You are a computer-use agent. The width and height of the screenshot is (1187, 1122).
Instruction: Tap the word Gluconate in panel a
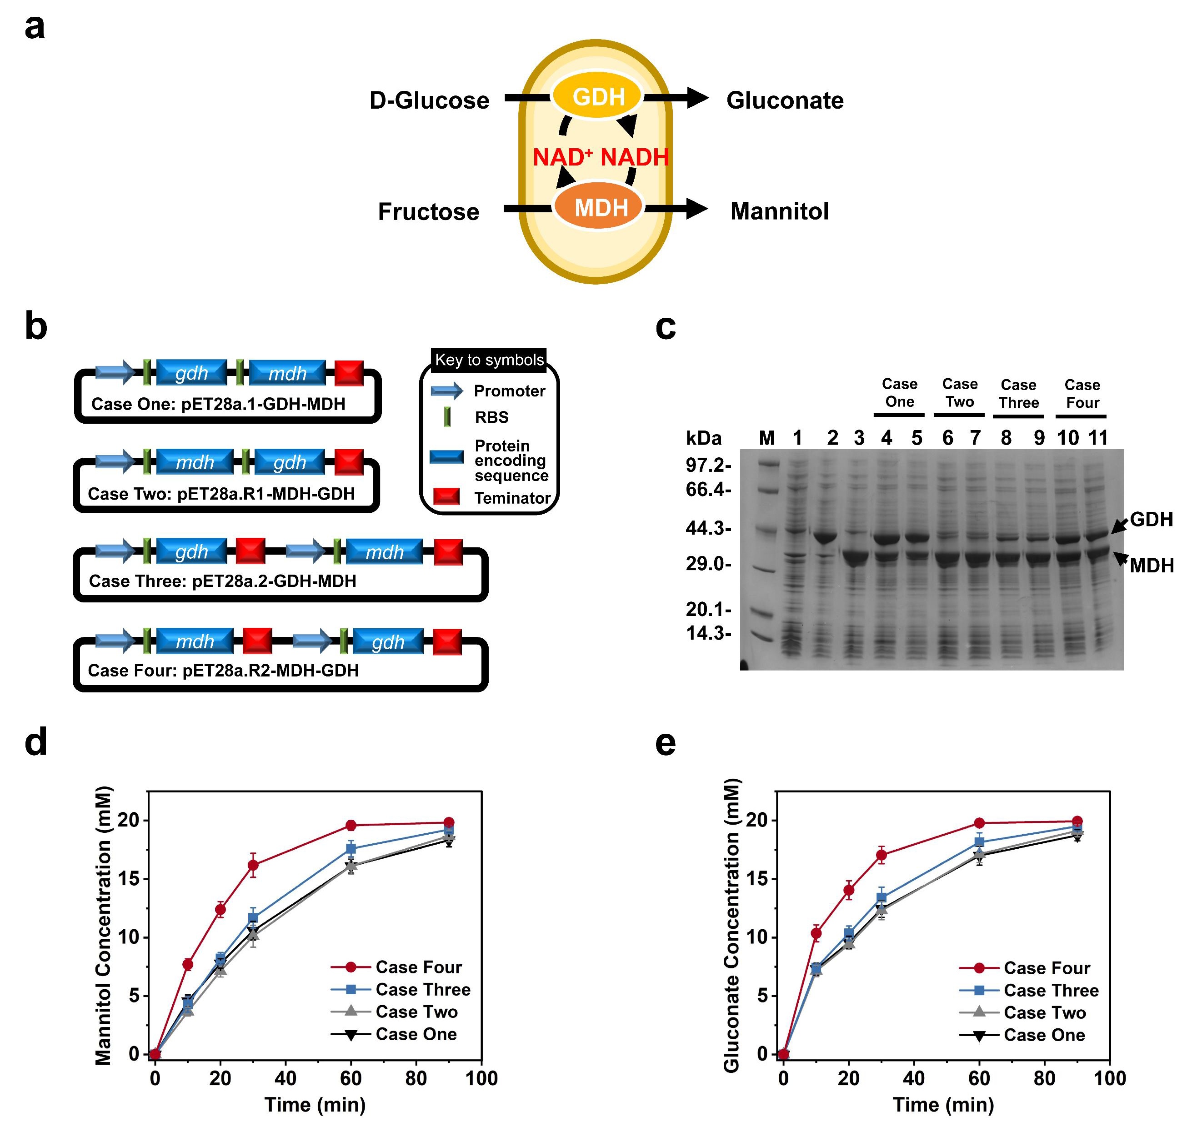click(785, 100)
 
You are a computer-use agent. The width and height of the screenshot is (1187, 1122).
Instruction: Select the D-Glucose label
click(429, 100)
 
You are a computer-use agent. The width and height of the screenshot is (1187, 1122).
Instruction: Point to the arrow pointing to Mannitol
click(676, 208)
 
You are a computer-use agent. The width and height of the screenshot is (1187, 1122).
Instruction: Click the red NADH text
click(635, 157)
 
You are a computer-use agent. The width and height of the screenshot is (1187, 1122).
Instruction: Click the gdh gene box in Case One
click(192, 373)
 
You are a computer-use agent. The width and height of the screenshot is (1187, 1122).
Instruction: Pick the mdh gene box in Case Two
click(195, 462)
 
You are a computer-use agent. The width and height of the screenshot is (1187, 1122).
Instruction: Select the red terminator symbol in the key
click(446, 496)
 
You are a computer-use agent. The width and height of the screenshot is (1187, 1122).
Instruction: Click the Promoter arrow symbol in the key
click(447, 391)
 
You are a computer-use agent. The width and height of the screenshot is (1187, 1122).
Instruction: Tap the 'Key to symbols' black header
click(489, 360)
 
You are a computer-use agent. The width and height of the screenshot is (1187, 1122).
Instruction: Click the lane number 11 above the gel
click(1098, 438)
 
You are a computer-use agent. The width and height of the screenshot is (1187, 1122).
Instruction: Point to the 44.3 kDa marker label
click(708, 528)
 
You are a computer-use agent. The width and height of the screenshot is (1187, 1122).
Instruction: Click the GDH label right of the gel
click(1151, 519)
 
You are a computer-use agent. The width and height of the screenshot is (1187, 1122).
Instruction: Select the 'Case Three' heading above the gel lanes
click(1019, 394)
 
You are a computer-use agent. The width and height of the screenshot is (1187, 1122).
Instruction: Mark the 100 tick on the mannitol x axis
click(481, 1078)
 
